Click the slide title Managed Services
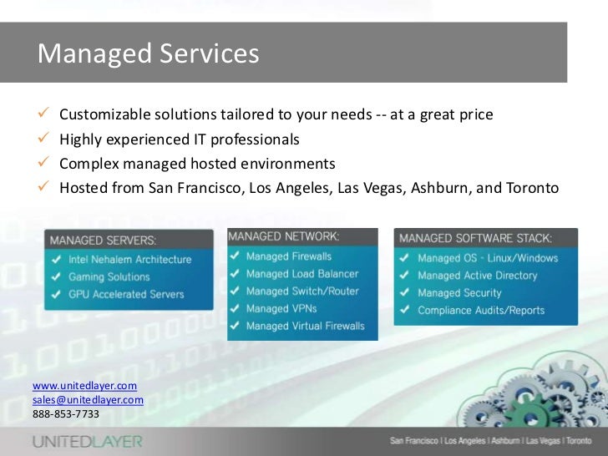pos(149,53)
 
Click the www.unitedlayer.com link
pos(84,386)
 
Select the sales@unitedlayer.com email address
pos(88,400)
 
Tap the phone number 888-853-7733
pos(65,413)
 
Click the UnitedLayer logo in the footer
pos(87,441)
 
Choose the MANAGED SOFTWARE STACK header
pos(475,239)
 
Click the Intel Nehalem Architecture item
pos(131,259)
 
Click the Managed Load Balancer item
pos(302,274)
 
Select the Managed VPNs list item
pos(281,309)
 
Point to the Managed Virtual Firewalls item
pos(306,327)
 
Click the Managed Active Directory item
pos(478,276)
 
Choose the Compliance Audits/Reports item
pos(481,311)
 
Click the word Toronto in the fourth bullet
pos(531,187)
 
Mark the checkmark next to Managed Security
pos(403,293)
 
